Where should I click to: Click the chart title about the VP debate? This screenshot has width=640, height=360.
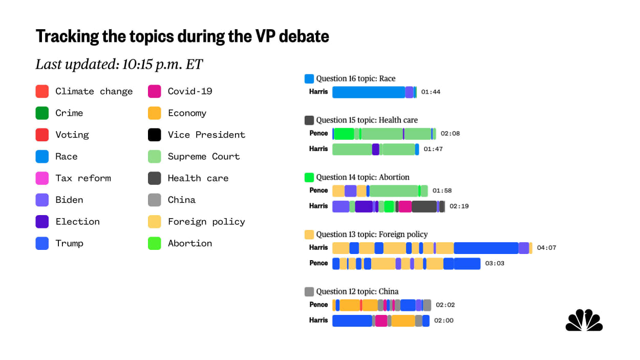pos(182,36)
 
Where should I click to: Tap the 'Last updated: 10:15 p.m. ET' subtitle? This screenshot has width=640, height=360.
pos(119,65)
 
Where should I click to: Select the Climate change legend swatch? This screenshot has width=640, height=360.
pos(42,92)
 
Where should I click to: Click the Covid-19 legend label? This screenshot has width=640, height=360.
pos(190,92)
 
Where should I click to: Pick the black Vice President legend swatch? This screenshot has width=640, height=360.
pos(155,135)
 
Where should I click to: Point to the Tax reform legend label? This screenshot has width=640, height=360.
pos(83,178)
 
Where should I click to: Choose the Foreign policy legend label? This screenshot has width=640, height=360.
pos(206,222)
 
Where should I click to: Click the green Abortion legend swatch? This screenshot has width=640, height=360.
pos(155,243)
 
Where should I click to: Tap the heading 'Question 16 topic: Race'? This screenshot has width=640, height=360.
pos(355,79)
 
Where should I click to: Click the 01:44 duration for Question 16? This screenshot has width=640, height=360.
pos(431,92)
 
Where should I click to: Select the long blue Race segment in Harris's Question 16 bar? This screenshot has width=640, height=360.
pos(369,92)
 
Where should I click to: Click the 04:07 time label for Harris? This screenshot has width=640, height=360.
pos(546,248)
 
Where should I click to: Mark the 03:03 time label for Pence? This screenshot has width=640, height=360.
pos(495,263)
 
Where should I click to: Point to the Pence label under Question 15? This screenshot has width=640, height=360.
pos(318,133)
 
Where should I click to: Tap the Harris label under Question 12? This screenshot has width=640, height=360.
pos(318,321)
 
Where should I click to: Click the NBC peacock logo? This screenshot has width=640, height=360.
pos(584,321)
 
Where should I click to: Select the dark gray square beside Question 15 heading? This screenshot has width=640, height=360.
pos(309,120)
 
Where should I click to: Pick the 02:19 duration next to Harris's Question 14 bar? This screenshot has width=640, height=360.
pos(459,206)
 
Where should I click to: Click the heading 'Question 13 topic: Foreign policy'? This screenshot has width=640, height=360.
pos(371,235)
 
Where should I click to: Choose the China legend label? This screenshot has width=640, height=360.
pos(182,200)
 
